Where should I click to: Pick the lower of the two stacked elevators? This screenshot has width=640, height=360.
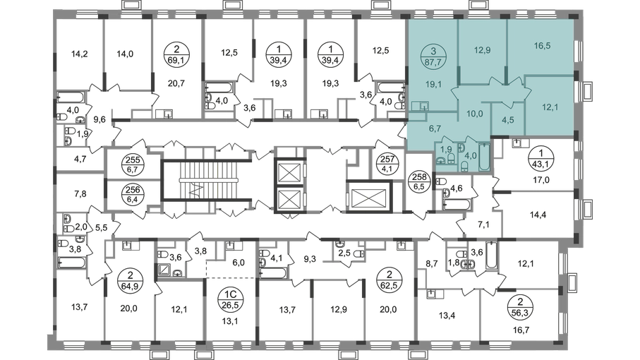coord(289,198)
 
